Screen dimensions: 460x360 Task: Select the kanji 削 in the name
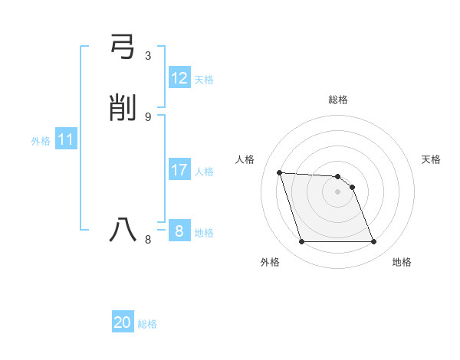point(123,109)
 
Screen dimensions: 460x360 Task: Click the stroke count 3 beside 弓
point(148,56)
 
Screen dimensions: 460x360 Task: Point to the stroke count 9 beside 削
point(148,116)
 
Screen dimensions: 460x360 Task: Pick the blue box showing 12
point(179,78)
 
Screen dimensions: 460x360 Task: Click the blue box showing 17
point(179,170)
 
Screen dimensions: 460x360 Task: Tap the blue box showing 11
point(66,140)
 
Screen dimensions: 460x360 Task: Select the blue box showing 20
point(123,322)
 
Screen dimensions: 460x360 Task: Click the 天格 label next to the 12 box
point(204,80)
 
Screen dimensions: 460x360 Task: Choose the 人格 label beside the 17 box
point(204,172)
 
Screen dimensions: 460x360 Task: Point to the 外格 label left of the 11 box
point(41,141)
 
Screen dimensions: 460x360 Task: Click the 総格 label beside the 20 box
point(147,324)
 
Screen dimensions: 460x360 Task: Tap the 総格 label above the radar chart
point(337,100)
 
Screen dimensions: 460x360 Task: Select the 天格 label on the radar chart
point(431,159)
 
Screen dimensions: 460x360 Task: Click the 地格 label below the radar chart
point(402,262)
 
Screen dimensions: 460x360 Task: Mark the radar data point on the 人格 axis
point(280,172)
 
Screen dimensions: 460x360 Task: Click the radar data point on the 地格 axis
point(373,242)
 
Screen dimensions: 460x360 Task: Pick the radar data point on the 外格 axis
point(301,242)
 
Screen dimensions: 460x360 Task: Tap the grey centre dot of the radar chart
point(337,191)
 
